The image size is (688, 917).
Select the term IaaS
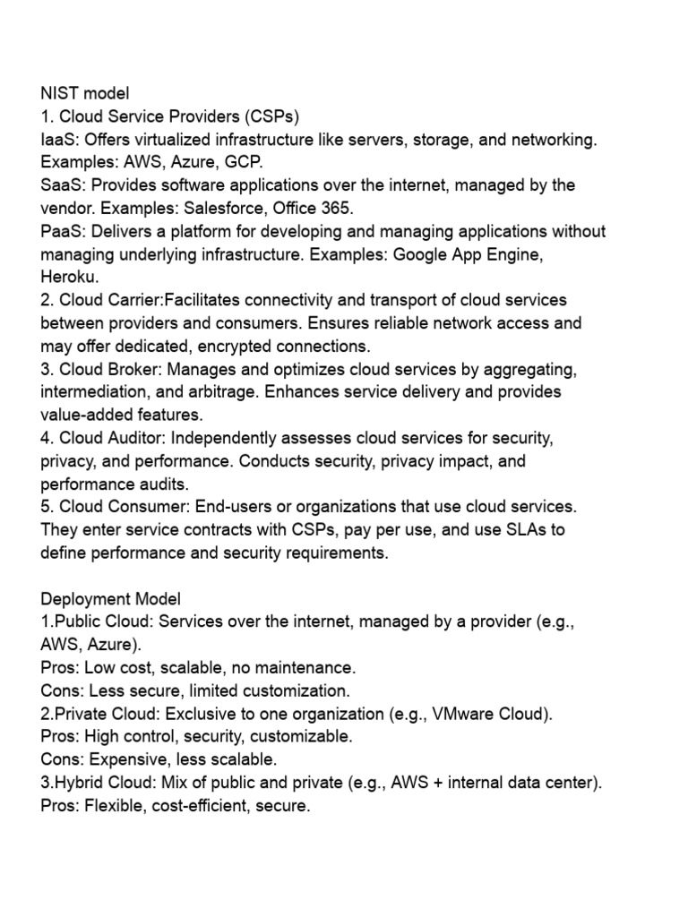coord(56,139)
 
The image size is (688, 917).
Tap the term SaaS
coord(58,185)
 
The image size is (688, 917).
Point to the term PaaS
coord(58,231)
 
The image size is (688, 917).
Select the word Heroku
coord(67,277)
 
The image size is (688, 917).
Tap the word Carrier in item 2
coord(131,300)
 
